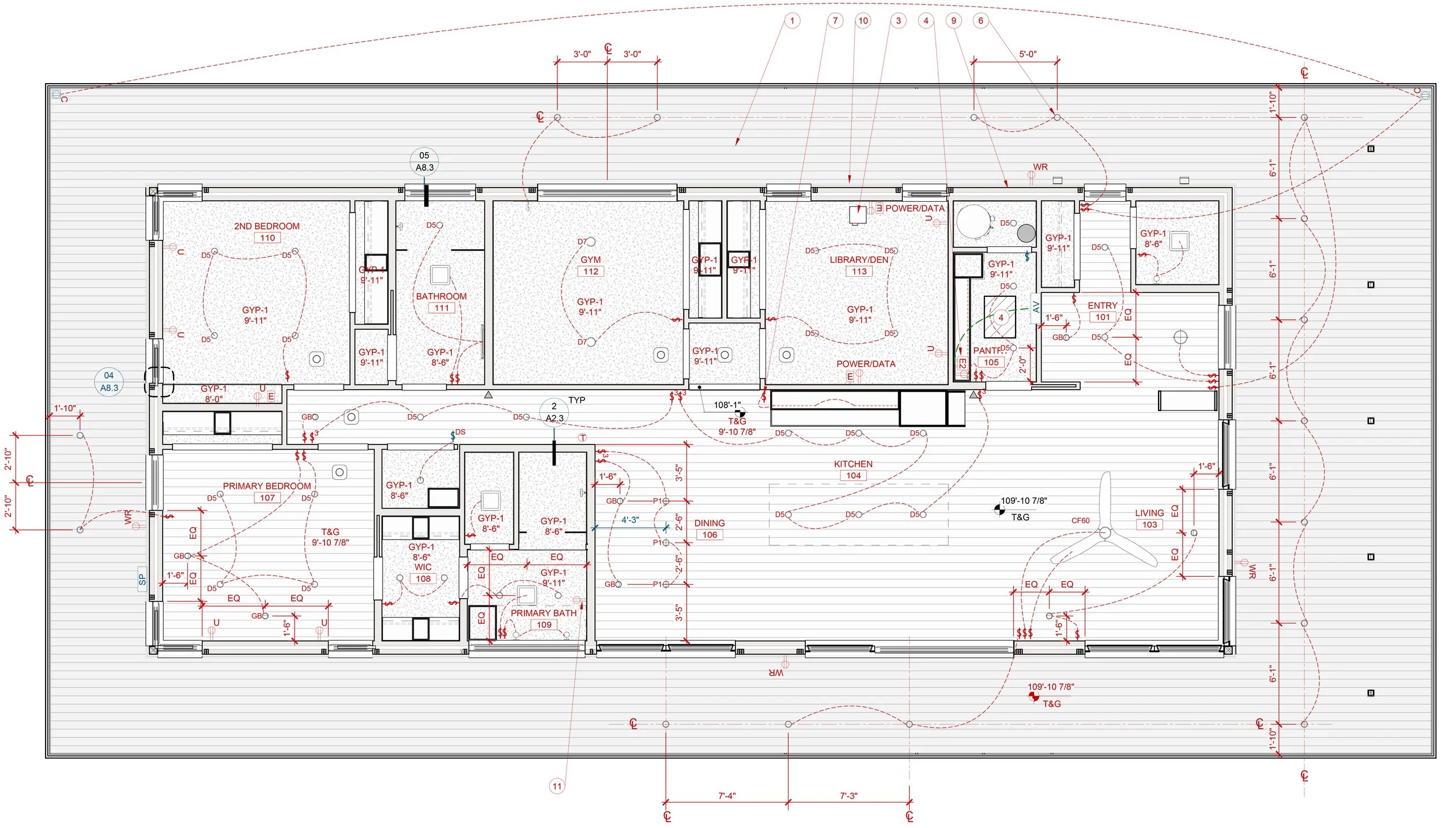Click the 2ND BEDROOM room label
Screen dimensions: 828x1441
pyautogui.click(x=266, y=226)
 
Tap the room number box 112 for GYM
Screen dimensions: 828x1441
pyautogui.click(x=591, y=272)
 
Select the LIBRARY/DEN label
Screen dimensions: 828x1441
pyautogui.click(x=859, y=259)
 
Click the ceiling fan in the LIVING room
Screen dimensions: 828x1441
pyautogui.click(x=1104, y=533)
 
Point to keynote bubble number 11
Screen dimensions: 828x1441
pyautogui.click(x=557, y=786)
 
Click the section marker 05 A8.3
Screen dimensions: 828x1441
pyautogui.click(x=424, y=161)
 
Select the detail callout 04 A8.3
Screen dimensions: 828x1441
pyautogui.click(x=109, y=382)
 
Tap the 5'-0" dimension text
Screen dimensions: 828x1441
pyautogui.click(x=1028, y=54)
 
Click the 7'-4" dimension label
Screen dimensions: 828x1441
pyautogui.click(x=727, y=796)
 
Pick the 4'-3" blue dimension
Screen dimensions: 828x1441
pyautogui.click(x=630, y=520)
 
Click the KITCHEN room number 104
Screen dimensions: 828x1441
pyautogui.click(x=854, y=476)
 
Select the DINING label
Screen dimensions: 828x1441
pyautogui.click(x=709, y=523)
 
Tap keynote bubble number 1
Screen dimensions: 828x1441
pyautogui.click(x=792, y=21)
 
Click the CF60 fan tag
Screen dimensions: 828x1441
pyautogui.click(x=1080, y=521)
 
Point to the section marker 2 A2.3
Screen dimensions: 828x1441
pyautogui.click(x=554, y=412)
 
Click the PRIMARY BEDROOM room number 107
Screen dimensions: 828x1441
pyautogui.click(x=267, y=498)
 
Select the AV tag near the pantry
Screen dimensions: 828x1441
pyautogui.click(x=1036, y=306)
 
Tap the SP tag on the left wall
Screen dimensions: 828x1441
pyautogui.click(x=142, y=579)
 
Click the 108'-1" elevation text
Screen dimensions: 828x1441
pyautogui.click(x=727, y=405)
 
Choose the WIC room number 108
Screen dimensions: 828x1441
pyautogui.click(x=423, y=579)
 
